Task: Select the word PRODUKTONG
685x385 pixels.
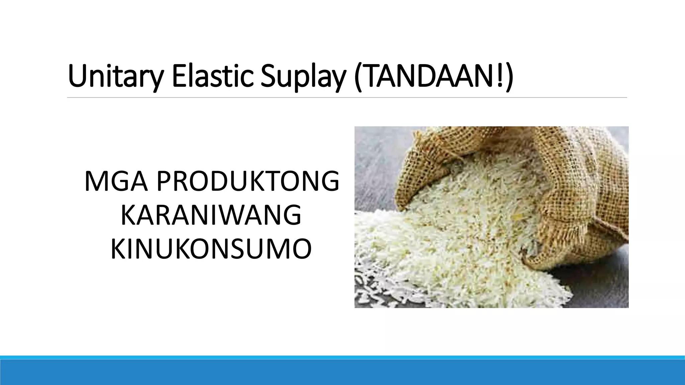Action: point(248,182)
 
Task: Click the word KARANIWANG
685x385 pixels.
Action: point(211,216)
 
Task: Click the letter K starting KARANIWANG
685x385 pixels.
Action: point(127,216)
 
